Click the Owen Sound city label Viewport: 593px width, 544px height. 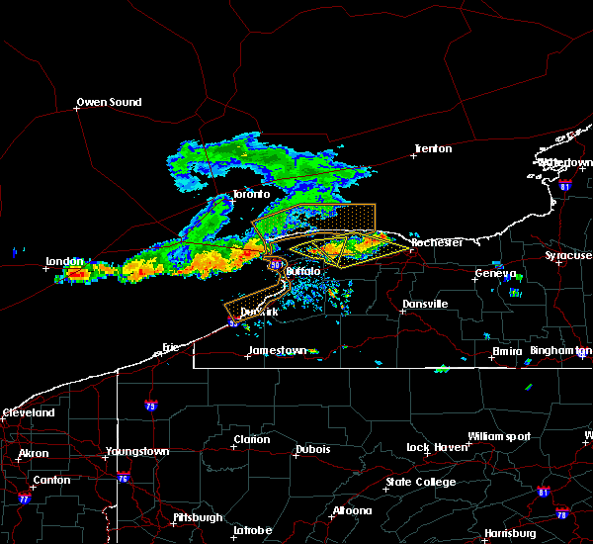pyautogui.click(x=110, y=102)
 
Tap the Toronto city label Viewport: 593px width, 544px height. pyautogui.click(x=251, y=195)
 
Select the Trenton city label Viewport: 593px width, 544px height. pyautogui.click(x=433, y=149)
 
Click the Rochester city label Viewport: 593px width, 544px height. pyautogui.click(x=437, y=242)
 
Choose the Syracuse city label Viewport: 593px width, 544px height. pyautogui.click(x=568, y=255)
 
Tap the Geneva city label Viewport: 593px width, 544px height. pyautogui.click(x=496, y=273)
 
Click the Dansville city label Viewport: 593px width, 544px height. pyautogui.click(x=425, y=304)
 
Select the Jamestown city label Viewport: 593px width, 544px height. pyautogui.click(x=277, y=350)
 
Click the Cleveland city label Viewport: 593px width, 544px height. pyautogui.click(x=28, y=411)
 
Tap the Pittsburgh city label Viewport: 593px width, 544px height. pyautogui.click(x=171, y=517)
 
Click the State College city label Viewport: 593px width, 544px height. pyautogui.click(x=421, y=482)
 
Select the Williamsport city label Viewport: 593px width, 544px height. pyautogui.click(x=499, y=436)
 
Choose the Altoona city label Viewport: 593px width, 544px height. pyautogui.click(x=352, y=510)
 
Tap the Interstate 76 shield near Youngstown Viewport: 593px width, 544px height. pyautogui.click(x=125, y=478)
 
